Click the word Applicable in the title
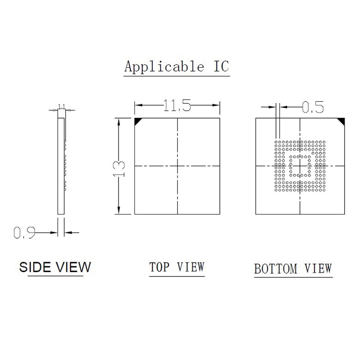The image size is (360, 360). click(x=164, y=66)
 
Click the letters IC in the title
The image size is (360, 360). click(x=221, y=66)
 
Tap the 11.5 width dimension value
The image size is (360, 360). click(x=177, y=106)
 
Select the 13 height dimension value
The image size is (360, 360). click(x=119, y=169)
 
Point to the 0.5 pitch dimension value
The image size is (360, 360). click(x=312, y=107)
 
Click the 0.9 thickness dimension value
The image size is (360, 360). click(x=24, y=233)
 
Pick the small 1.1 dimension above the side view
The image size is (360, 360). click(x=62, y=107)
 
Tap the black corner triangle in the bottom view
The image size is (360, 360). click(x=342, y=121)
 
